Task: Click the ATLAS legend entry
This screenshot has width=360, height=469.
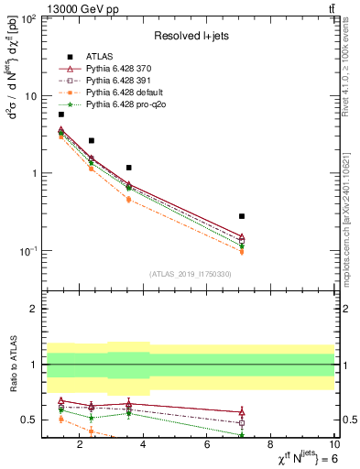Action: point(99,58)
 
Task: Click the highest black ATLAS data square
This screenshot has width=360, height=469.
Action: point(61,115)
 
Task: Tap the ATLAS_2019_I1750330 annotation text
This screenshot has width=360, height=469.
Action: point(189,274)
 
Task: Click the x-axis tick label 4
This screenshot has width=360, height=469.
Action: point(144,446)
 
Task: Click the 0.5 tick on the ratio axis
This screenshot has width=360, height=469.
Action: point(29,420)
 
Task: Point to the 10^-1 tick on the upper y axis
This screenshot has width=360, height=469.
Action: point(27,251)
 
